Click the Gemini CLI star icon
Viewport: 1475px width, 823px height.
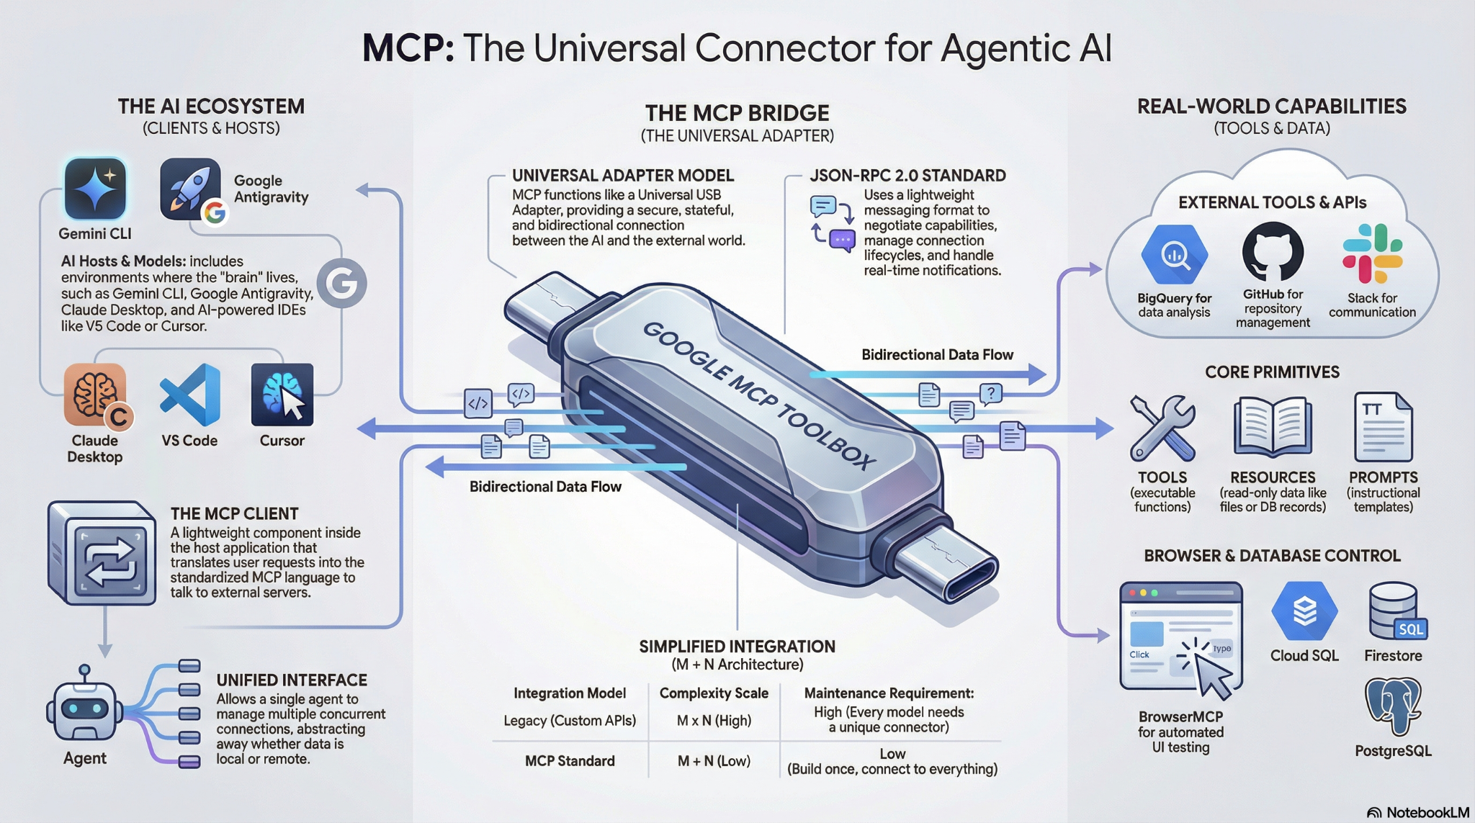[x=95, y=189]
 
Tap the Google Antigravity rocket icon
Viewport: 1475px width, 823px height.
[x=190, y=189]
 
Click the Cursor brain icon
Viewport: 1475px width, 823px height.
[x=282, y=395]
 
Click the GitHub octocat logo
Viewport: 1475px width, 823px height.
[x=1273, y=252]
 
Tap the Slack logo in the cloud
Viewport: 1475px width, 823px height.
[x=1372, y=253]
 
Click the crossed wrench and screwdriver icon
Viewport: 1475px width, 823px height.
[x=1162, y=428]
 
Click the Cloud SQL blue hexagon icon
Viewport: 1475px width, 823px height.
[x=1304, y=611]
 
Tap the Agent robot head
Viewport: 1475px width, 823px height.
[x=85, y=709]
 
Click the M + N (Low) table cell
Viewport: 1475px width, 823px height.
[x=714, y=761]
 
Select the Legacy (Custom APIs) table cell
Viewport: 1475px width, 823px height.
[x=570, y=721]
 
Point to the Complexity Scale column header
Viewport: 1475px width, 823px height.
[x=714, y=693]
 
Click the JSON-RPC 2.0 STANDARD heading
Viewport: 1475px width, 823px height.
[x=907, y=176]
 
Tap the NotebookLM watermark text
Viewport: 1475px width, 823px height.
[x=1427, y=812]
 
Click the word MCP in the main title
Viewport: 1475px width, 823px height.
[x=408, y=49]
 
